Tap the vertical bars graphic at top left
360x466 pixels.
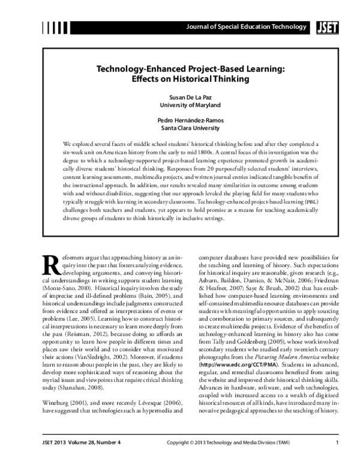[x=55, y=26]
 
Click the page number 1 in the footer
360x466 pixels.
[x=338, y=443]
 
